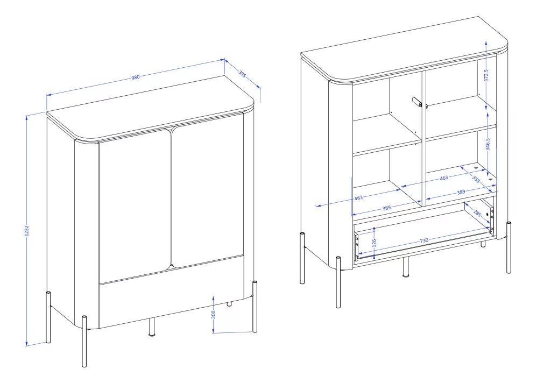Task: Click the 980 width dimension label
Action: [135, 77]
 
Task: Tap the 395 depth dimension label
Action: [242, 74]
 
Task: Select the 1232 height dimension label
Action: [27, 231]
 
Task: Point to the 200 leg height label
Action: [213, 314]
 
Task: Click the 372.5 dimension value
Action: [486, 75]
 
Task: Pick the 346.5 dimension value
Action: [488, 144]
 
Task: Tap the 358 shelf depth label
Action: [476, 179]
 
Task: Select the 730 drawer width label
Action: [424, 240]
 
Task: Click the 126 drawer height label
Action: [374, 243]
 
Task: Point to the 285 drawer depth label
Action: [477, 213]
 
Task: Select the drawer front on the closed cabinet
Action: [172, 293]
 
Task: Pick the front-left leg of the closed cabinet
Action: [84, 341]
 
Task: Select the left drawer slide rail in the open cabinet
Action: [356, 246]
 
